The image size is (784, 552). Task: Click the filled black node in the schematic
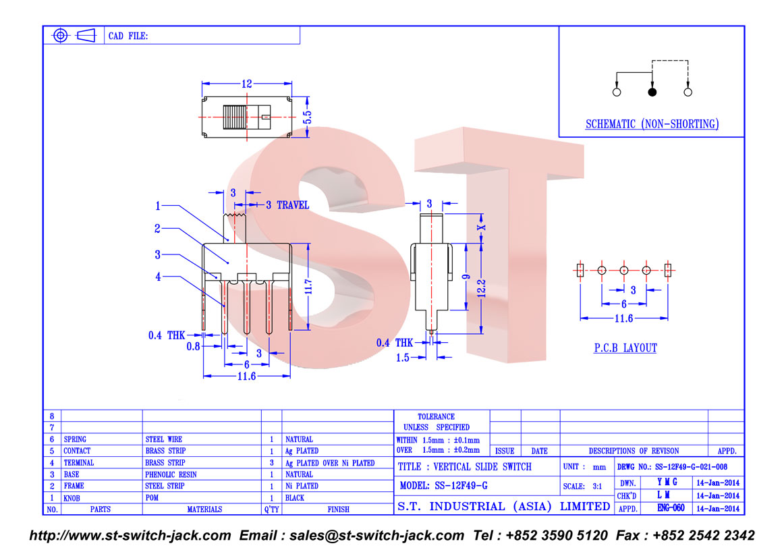pyautogui.click(x=652, y=92)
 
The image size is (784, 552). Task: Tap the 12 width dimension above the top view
pyautogui.click(x=246, y=84)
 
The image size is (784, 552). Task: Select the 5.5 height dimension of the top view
pyautogui.click(x=307, y=117)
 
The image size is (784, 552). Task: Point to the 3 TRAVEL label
pyautogui.click(x=287, y=205)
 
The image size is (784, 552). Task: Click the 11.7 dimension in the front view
pyautogui.click(x=308, y=287)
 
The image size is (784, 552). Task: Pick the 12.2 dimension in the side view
pyautogui.click(x=481, y=289)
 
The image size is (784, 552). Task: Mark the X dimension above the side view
pyautogui.click(x=481, y=227)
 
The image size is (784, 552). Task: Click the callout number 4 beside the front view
pyautogui.click(x=158, y=277)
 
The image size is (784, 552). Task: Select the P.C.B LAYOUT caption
pyautogui.click(x=625, y=348)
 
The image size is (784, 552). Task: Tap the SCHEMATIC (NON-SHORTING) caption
pyautogui.click(x=652, y=124)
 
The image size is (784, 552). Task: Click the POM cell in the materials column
pyautogui.click(x=152, y=498)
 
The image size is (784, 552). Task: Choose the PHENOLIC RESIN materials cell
pyautogui.click(x=171, y=474)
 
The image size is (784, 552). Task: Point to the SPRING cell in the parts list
pyautogui.click(x=75, y=439)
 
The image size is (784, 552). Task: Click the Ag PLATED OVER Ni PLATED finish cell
pyautogui.click(x=330, y=463)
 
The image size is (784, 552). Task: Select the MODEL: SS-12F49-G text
pyautogui.click(x=443, y=485)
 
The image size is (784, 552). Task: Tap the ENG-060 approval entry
pyautogui.click(x=671, y=508)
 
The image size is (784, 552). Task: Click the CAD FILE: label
pyautogui.click(x=128, y=36)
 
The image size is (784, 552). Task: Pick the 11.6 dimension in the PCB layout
pyautogui.click(x=623, y=319)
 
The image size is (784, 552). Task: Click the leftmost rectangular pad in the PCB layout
pyautogui.click(x=580, y=271)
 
